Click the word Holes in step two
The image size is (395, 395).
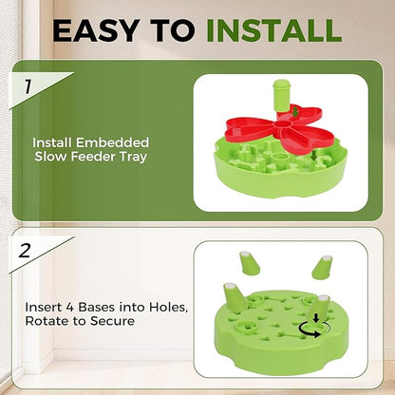(157, 306)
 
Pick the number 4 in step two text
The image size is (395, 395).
(71, 306)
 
